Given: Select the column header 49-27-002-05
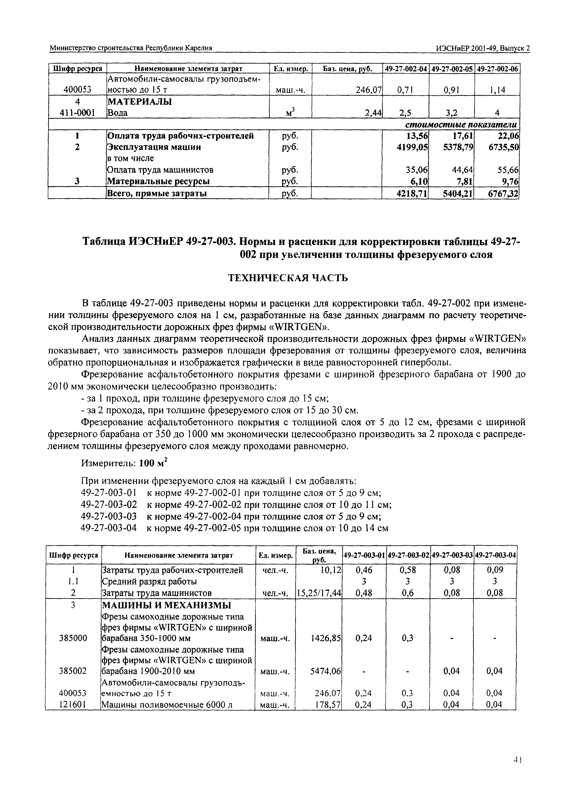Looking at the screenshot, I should click(452, 69).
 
